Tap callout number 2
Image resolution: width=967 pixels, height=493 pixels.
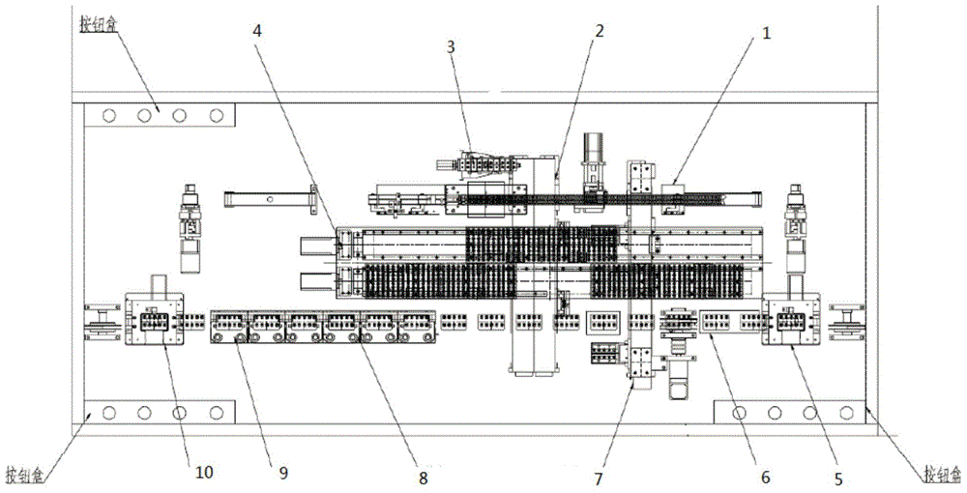600,30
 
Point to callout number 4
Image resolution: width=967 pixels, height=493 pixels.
256,29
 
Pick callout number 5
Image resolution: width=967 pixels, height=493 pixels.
837,477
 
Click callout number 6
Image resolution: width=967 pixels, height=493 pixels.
766,476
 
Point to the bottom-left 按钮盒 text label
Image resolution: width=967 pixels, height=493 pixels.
23,475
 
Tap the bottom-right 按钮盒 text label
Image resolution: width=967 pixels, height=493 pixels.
941,474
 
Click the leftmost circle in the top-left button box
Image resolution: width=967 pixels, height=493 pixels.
108,115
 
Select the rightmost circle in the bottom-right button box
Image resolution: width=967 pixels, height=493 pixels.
846,413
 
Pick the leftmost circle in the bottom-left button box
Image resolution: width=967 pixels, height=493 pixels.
108,414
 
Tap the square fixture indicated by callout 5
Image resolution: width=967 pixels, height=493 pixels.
791,319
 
